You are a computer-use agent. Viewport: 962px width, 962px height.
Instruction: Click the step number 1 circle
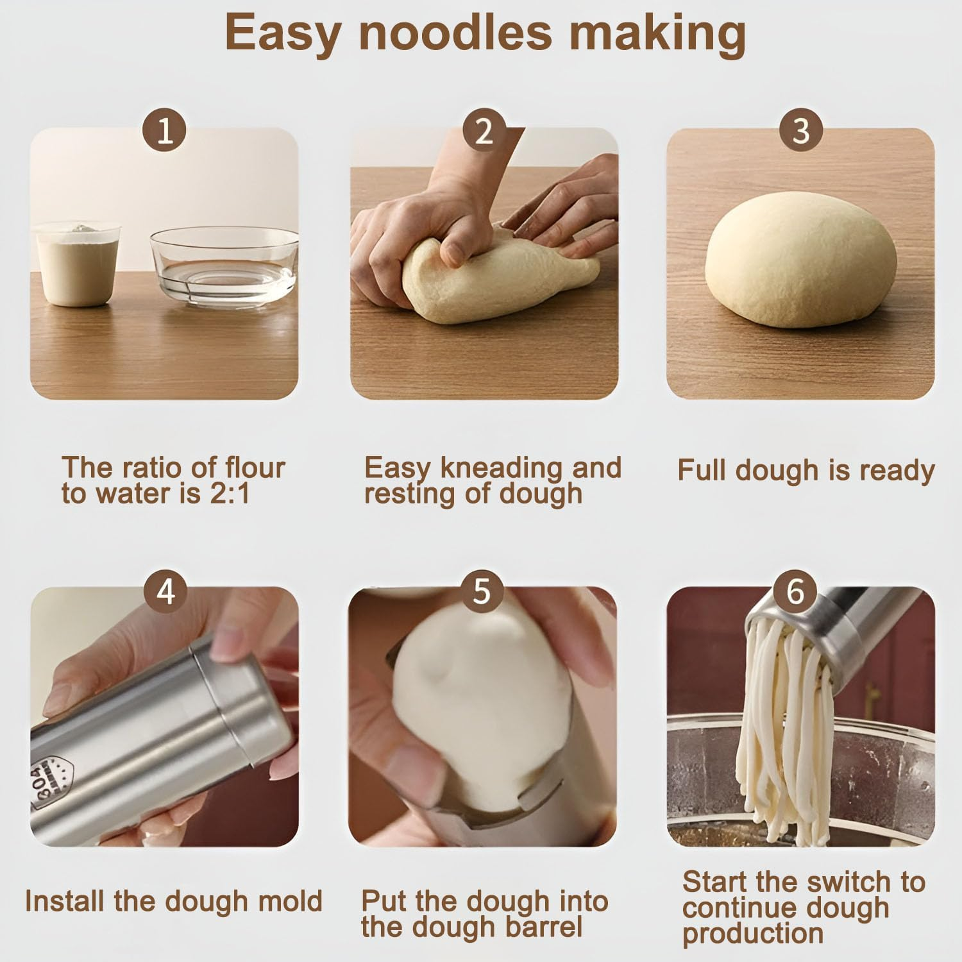tap(165, 130)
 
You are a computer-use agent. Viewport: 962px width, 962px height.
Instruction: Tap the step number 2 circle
tap(484, 130)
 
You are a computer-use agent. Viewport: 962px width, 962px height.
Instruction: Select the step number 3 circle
tap(801, 130)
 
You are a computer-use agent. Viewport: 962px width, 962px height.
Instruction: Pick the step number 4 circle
tap(165, 590)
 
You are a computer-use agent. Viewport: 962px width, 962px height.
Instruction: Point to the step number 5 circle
tap(482, 590)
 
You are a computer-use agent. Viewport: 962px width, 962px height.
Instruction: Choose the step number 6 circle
tap(795, 590)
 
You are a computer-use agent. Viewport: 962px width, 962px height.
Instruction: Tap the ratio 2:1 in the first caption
tap(229, 494)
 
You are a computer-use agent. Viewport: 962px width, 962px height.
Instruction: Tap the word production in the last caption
tap(753, 934)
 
